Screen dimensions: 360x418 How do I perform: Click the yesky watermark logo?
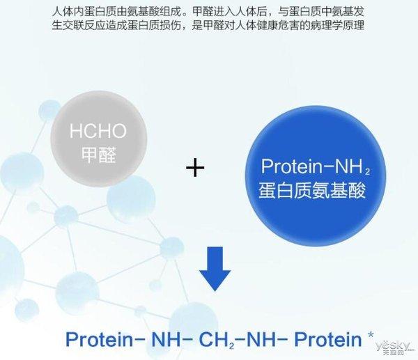click(x=391, y=346)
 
